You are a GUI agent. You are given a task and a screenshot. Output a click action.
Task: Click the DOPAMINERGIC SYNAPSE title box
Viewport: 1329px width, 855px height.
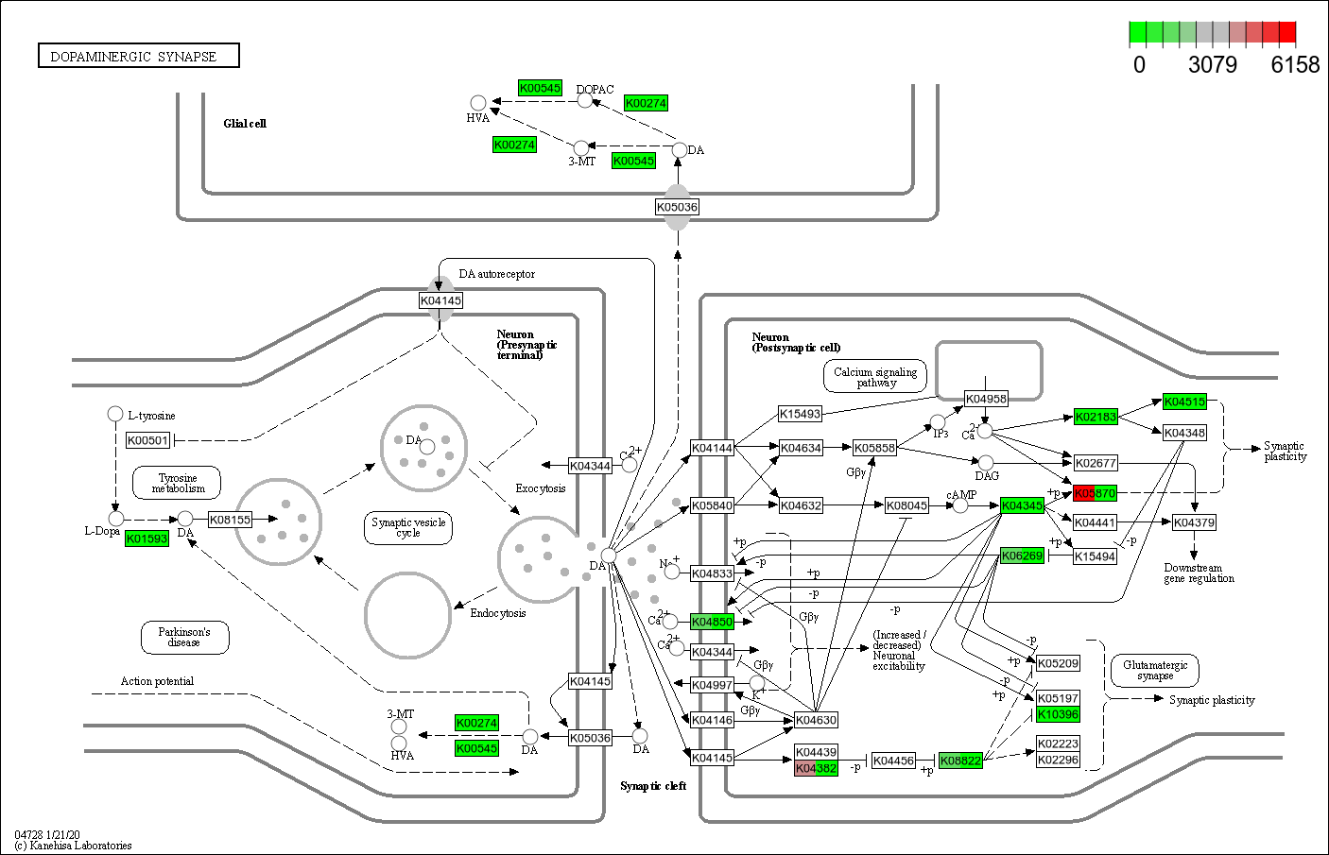click(138, 57)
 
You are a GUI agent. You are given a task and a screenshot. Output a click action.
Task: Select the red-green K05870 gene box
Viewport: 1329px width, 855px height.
click(1095, 493)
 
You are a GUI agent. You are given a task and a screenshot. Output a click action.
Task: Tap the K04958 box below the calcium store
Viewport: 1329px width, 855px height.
click(986, 399)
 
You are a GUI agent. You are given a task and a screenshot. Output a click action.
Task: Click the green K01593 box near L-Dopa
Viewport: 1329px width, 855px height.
click(147, 539)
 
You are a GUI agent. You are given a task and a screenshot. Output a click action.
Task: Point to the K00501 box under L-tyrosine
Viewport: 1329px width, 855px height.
click(147, 440)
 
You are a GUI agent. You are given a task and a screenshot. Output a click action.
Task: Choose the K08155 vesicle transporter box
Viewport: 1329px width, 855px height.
click(230, 520)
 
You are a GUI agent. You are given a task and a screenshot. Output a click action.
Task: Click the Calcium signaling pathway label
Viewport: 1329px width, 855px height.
click(875, 377)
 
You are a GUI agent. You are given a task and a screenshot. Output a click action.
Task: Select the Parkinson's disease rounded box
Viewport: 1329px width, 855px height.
click(184, 638)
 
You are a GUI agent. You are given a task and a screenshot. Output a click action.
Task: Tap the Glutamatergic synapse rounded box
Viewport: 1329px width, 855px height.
click(1155, 671)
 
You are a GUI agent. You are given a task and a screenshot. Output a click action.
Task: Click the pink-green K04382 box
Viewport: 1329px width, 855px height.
click(816, 769)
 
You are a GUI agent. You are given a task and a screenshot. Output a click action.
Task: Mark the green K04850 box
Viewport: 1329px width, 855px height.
click(712, 622)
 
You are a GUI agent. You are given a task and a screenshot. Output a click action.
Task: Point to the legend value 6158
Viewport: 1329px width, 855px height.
click(1295, 65)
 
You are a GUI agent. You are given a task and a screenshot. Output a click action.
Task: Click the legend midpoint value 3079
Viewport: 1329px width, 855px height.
click(1212, 65)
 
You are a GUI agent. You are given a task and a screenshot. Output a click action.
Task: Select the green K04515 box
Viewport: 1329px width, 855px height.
click(1184, 402)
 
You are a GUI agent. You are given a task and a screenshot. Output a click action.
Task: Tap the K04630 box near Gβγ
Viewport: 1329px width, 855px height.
click(816, 720)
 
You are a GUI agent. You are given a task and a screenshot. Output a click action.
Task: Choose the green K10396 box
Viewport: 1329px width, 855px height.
click(1058, 714)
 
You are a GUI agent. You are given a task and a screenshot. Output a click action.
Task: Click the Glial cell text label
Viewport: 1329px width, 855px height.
click(245, 124)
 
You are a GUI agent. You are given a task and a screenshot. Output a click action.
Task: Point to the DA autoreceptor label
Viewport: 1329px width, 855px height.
click(496, 274)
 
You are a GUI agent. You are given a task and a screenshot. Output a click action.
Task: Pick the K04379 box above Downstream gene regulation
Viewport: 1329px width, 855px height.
click(1194, 522)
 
